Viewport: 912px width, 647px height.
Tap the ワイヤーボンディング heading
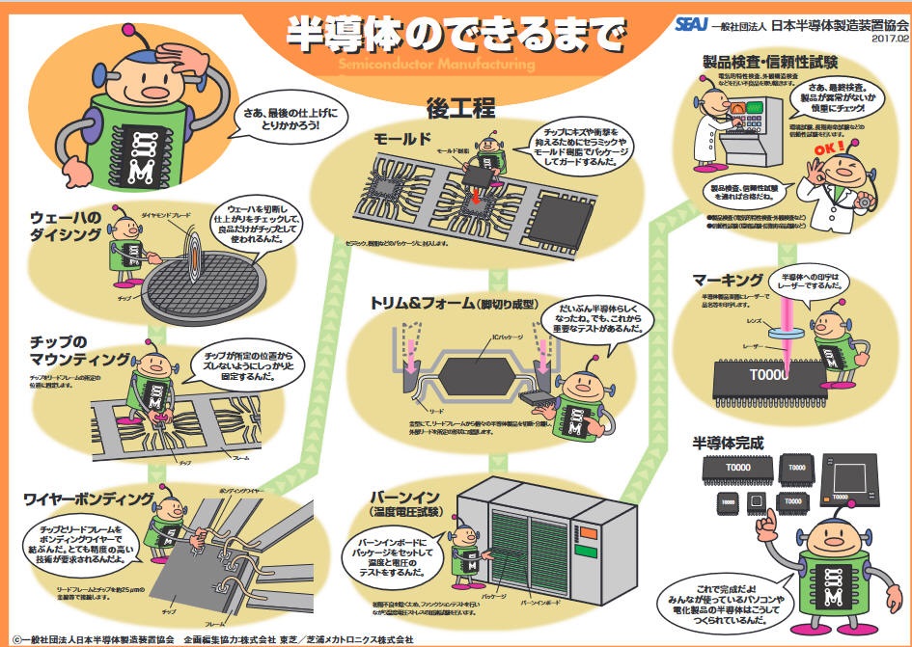[x=87, y=499]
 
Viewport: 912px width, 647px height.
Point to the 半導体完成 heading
[x=728, y=445]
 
